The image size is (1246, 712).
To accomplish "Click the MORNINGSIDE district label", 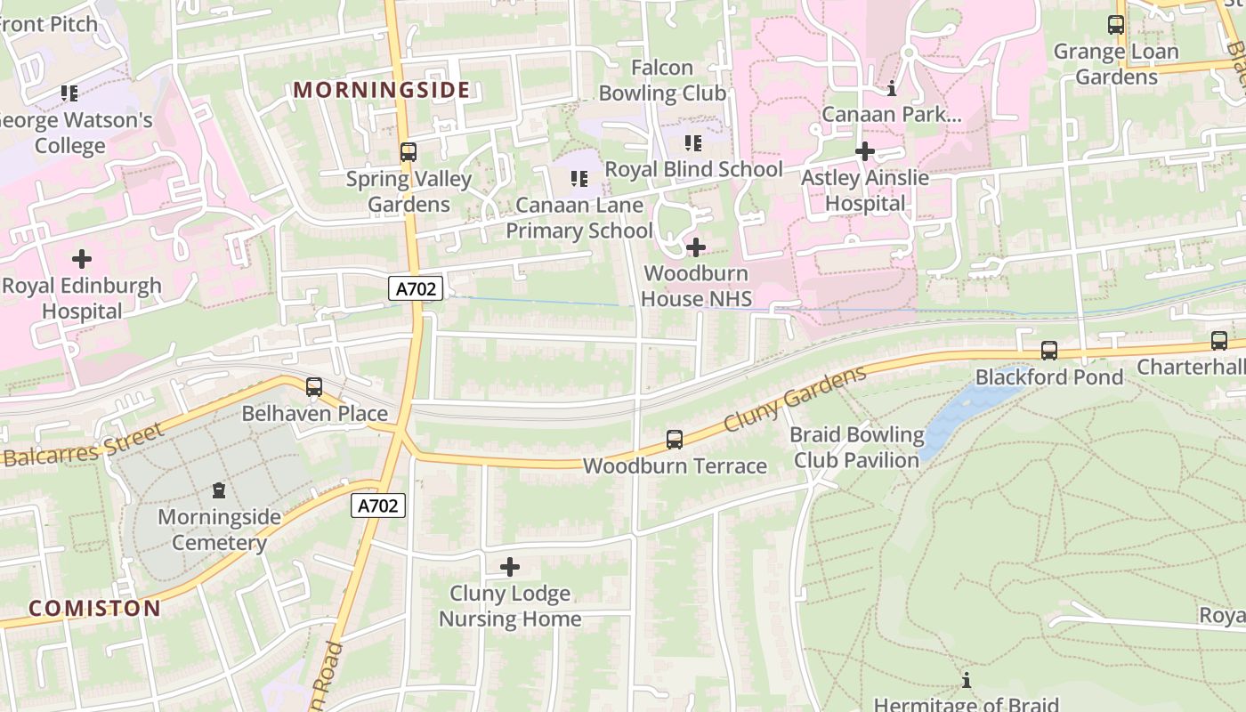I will coord(381,90).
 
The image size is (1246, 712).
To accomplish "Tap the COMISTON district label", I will coord(94,609).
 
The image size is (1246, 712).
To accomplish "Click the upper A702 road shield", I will coord(416,288).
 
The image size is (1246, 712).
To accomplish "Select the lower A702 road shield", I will coord(378,506).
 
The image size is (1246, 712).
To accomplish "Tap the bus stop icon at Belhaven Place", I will coord(314,387).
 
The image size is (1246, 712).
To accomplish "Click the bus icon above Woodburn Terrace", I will coord(675,439).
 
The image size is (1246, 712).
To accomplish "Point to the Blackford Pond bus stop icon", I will coord(1049,351).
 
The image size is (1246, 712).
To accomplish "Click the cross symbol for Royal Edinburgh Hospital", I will coord(82,259).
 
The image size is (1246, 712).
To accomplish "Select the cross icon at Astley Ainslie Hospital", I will coord(864,151).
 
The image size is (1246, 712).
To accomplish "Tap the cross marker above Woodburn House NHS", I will coord(696,247).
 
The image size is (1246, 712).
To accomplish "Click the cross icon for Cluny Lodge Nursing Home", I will coord(510,567).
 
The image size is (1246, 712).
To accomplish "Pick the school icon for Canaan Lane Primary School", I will coord(579,179).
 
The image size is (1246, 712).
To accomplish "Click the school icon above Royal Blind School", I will coord(693,143).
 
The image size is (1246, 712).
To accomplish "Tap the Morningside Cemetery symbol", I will coord(218,490).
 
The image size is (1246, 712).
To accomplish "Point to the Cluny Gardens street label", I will coord(795,400).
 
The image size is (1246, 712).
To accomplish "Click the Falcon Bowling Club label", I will coord(662,80).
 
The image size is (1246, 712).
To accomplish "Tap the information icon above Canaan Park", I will coord(892,88).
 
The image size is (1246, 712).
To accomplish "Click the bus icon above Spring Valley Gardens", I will coord(408,152).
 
